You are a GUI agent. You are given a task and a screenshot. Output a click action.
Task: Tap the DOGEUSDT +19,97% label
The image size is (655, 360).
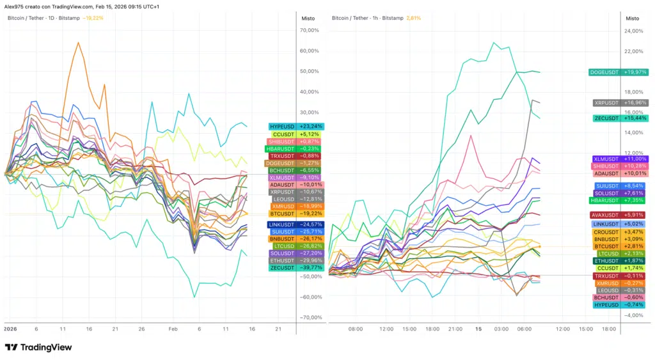pyautogui.click(x=619, y=72)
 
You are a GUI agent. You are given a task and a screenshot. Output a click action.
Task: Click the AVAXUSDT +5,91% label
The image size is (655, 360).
pyautogui.click(x=618, y=215)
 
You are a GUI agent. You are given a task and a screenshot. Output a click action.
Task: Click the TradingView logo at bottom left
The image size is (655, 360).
pyautogui.click(x=38, y=347)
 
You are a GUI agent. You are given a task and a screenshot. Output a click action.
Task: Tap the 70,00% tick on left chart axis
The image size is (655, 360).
pyautogui.click(x=309, y=30)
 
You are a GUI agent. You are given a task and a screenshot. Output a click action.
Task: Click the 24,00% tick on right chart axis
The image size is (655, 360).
pyautogui.click(x=633, y=31)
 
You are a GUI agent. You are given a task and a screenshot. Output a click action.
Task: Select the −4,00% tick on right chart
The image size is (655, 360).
pyautogui.click(x=633, y=315)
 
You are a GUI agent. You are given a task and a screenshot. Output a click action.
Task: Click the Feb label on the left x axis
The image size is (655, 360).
pyautogui.click(x=173, y=329)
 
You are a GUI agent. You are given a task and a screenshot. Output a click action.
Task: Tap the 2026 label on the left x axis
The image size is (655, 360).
pyautogui.click(x=10, y=329)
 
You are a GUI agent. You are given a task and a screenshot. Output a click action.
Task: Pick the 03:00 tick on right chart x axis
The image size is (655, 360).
pyautogui.click(x=501, y=329)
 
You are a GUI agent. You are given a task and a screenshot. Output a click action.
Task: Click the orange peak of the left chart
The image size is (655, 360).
pyautogui.click(x=79, y=42)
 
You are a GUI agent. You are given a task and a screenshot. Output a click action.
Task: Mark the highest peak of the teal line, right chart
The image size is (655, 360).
pyautogui.click(x=493, y=43)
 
